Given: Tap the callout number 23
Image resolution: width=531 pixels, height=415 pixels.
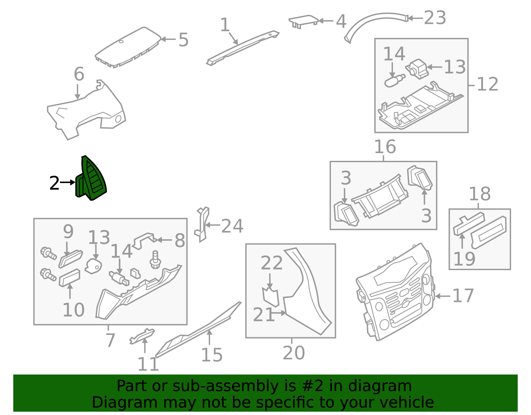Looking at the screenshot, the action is [x=435, y=18].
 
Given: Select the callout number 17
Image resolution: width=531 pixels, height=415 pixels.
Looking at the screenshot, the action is [x=463, y=296].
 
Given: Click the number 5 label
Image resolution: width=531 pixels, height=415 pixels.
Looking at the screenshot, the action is [x=184, y=40].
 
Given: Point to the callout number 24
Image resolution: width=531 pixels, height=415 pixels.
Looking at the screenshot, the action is [x=232, y=226].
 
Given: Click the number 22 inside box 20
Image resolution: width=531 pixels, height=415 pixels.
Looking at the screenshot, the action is [x=272, y=263].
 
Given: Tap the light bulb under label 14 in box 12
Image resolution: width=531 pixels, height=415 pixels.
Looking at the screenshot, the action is [x=395, y=81].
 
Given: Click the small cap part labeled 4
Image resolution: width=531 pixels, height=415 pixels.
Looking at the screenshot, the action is [x=303, y=22].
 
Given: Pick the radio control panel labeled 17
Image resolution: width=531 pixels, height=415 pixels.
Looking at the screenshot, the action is [x=395, y=292].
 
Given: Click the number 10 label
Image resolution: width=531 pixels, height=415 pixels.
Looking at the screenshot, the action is [x=74, y=310].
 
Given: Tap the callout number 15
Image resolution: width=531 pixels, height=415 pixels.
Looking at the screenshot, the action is [x=212, y=355].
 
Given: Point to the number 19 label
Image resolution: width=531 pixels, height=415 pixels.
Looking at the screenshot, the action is [x=464, y=259].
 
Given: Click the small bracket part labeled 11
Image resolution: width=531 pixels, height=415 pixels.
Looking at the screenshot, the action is [x=142, y=336].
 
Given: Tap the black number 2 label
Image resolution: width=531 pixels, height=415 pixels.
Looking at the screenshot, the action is [x=54, y=183].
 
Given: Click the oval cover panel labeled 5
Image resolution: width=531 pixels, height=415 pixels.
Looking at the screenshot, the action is [x=128, y=47].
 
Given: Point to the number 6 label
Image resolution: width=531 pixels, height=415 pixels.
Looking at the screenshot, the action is [x=79, y=74].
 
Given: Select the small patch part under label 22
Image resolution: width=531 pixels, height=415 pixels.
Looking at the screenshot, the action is [x=270, y=297].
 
